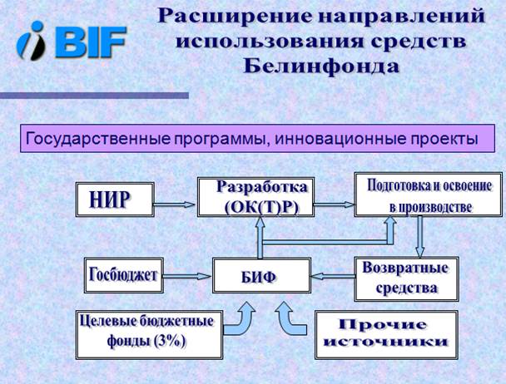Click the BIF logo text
pyautogui.click(x=91, y=42)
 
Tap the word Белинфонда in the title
pyautogui.click(x=321, y=66)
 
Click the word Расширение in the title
pyautogui.click(x=235, y=16)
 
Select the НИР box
pyautogui.click(x=115, y=199)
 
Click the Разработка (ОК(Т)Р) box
pyautogui.click(x=255, y=197)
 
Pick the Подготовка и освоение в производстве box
pyautogui.click(x=429, y=194)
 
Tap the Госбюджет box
pyautogui.click(x=124, y=275)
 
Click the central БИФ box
pyautogui.click(x=261, y=275)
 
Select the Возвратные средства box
pyautogui.click(x=406, y=279)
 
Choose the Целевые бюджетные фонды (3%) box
pyautogui.click(x=150, y=335)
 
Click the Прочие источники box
pyautogui.click(x=387, y=335)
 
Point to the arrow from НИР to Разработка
pyautogui.click(x=174, y=204)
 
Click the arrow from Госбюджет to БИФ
pyautogui.click(x=187, y=276)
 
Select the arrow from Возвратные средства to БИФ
pyautogui.click(x=333, y=276)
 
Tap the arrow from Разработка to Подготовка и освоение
pyautogui.click(x=335, y=204)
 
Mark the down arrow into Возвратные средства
pyautogui.click(x=419, y=237)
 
